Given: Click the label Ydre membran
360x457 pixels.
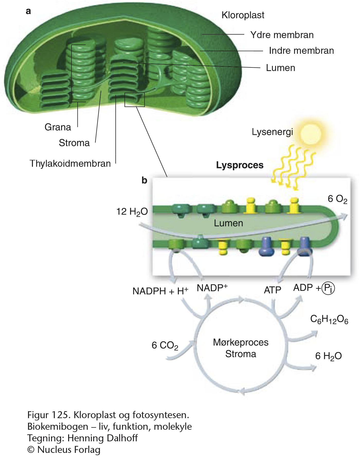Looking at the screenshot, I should pos(282,35).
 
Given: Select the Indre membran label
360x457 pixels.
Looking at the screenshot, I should pos(301,51).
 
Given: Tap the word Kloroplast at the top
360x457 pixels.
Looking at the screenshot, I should pos(243,15).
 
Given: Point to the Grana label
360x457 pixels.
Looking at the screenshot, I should pos(58,127).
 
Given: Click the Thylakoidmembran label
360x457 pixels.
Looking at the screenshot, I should pos(70,164).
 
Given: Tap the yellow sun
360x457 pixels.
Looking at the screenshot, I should pos(311,134).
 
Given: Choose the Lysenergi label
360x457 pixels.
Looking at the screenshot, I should pos(272,132).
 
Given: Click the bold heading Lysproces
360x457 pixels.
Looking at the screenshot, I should pos(240,165).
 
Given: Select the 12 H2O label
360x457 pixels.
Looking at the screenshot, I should pos(132,212).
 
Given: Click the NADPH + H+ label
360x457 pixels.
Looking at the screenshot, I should pos(160,291).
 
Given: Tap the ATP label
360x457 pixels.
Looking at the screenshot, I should pos(272,290).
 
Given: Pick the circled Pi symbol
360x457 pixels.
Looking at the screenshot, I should pos(328,288).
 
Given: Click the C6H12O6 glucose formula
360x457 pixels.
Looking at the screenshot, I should pos(329,320).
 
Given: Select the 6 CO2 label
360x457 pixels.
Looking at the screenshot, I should pos(165,345).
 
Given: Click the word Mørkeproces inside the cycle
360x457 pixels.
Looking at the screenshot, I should pos(241,342).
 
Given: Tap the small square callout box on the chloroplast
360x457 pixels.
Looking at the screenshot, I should pos(134,100).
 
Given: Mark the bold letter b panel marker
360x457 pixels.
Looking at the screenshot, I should pos(144,180).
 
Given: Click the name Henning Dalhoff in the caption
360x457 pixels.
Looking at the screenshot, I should pos(103,438).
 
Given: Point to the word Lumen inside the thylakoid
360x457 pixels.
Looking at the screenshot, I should pos(228,223).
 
